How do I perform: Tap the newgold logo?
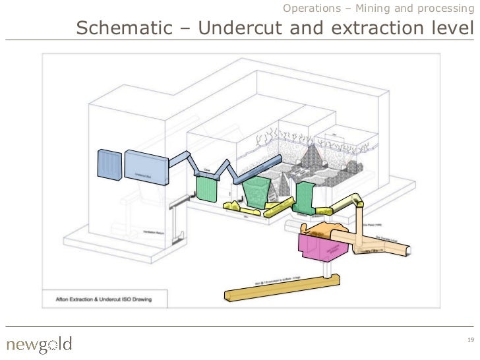(x=39, y=344)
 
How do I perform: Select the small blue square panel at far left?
(x=109, y=165)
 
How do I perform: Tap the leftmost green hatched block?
(x=207, y=187)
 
